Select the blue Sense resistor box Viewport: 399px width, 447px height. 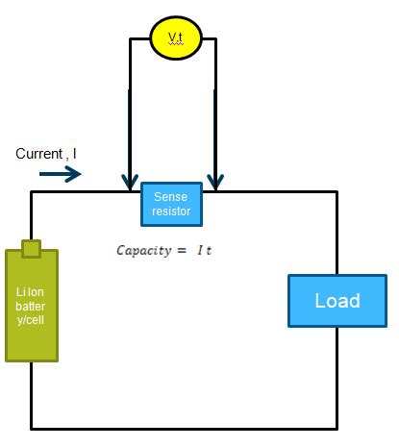(x=172, y=204)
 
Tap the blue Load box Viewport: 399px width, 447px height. (x=337, y=301)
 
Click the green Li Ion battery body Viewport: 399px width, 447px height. (x=32, y=306)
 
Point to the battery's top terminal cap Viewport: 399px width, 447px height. (x=31, y=249)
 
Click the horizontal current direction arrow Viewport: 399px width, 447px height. (x=61, y=174)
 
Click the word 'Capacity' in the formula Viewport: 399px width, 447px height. (x=142, y=250)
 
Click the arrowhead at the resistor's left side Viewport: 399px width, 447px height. (x=129, y=182)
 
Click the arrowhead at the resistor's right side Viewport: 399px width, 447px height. (x=216, y=182)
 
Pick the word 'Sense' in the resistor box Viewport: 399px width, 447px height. (x=172, y=197)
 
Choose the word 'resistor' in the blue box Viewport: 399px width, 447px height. (x=172, y=211)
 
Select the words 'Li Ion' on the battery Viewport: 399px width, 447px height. (x=32, y=291)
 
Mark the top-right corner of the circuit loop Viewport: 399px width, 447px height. (x=337, y=192)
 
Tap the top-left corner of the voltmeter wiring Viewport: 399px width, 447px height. (x=129, y=39)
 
